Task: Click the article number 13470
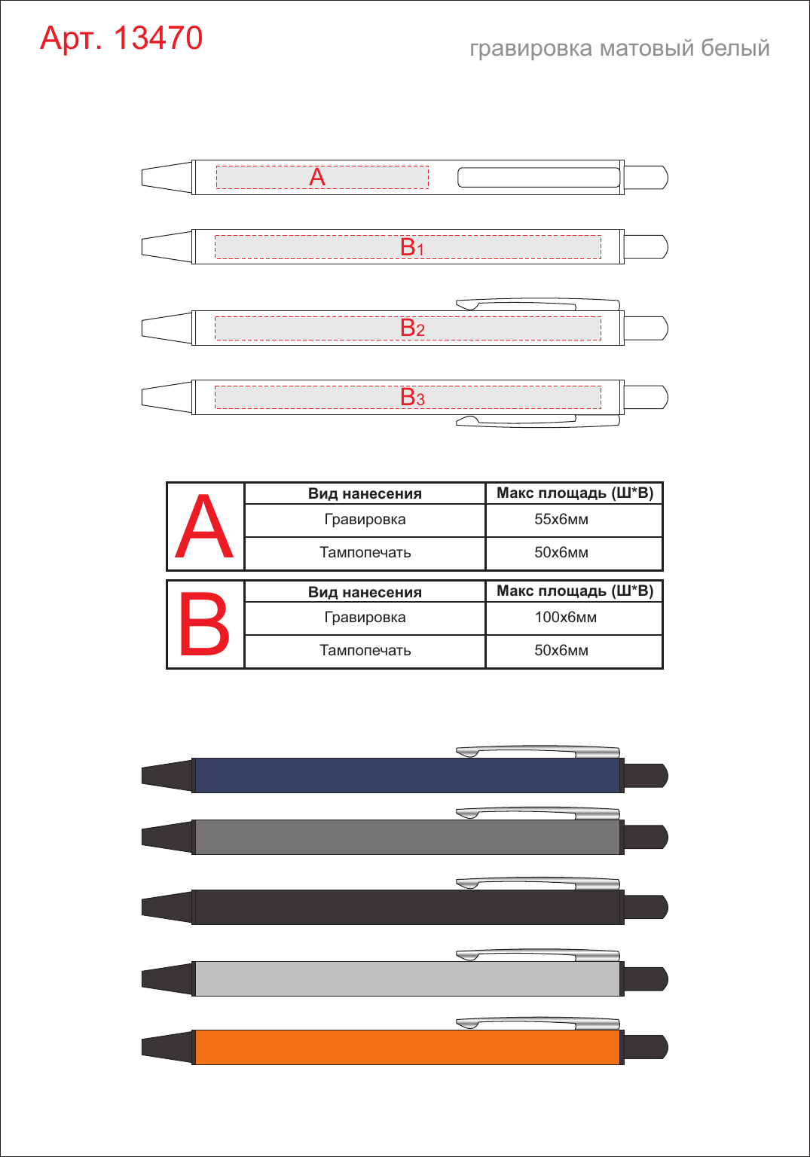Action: [x=158, y=38]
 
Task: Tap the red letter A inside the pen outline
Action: [x=317, y=177]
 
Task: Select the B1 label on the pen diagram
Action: [x=412, y=247]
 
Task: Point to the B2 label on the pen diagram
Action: [x=412, y=328]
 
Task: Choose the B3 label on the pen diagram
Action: [x=412, y=397]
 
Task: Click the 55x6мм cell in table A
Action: [x=561, y=519]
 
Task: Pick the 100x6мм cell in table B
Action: [x=566, y=617]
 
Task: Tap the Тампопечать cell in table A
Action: [x=365, y=552]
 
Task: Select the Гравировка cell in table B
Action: [x=365, y=617]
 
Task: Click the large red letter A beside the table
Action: [x=204, y=526]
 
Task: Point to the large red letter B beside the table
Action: [x=204, y=624]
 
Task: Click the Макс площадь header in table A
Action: [x=575, y=493]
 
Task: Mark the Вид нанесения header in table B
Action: [x=365, y=592]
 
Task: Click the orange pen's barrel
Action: [x=408, y=1047]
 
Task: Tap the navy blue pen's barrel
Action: [x=408, y=775]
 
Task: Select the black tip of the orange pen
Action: [x=167, y=1047]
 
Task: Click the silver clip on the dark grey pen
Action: [x=538, y=813]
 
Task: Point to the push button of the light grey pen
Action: [x=646, y=978]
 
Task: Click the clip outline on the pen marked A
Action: [x=539, y=177]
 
